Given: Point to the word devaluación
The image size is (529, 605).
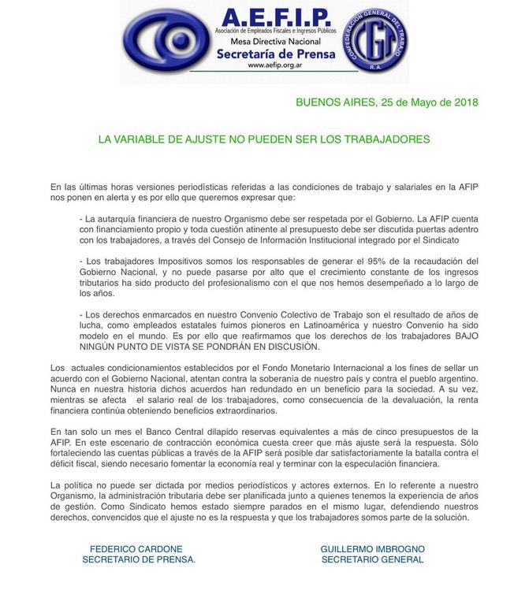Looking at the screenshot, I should click(x=442, y=400).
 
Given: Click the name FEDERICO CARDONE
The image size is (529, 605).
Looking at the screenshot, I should click(x=136, y=548).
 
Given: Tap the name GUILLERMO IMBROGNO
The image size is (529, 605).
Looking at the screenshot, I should click(x=372, y=548).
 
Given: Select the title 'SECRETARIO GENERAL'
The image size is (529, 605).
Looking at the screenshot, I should click(x=372, y=559).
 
